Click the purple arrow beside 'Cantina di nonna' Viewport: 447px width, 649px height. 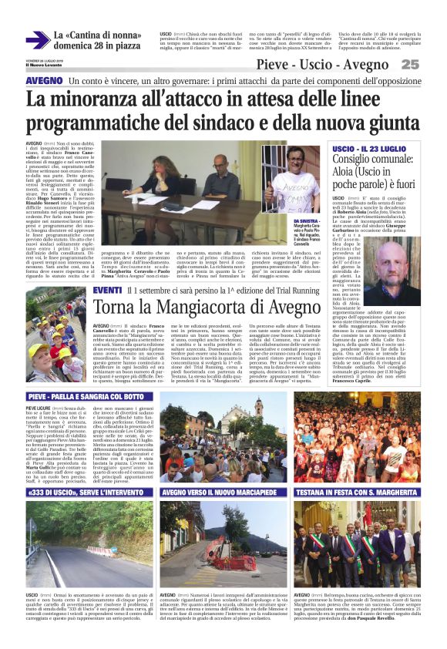38,40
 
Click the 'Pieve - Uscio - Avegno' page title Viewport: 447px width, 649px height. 333,64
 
